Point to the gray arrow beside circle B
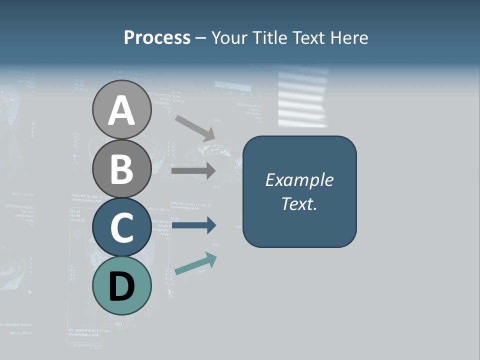194,170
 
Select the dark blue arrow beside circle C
194,225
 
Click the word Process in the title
157,37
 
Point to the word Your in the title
230,37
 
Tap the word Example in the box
299,180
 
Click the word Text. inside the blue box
299,204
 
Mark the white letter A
121,110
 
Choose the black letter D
121,286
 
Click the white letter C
121,227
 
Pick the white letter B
121,168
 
